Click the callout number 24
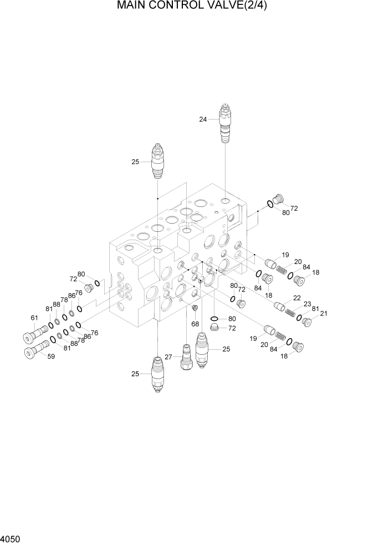pyautogui.click(x=203, y=118)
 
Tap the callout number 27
pyautogui.click(x=168, y=358)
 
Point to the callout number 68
pyautogui.click(x=195, y=324)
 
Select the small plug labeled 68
pyautogui.click(x=194, y=308)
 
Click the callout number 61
pyautogui.click(x=34, y=318)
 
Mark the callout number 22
pyautogui.click(x=296, y=298)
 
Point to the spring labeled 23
pyautogui.click(x=290, y=313)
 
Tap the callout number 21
pyautogui.click(x=324, y=314)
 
